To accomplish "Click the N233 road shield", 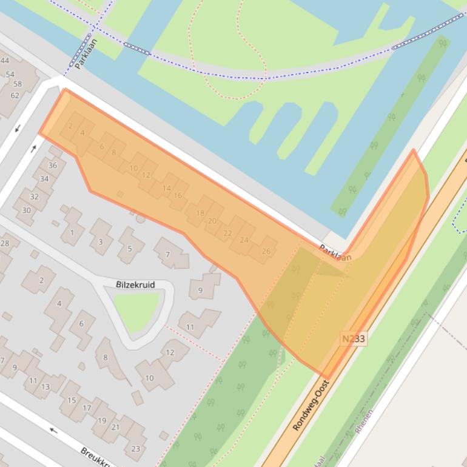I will [352, 339].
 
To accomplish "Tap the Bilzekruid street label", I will [136, 284].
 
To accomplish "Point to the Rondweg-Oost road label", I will [311, 406].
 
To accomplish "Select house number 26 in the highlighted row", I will [266, 251].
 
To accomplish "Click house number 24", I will [244, 240].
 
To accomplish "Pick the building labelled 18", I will [200, 213].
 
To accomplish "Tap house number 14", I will [166, 188].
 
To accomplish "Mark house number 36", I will [53, 166].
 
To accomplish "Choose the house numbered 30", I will [27, 210].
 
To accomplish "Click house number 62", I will [15, 95].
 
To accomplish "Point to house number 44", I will [5, 60].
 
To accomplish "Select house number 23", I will [135, 449].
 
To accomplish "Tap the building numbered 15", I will [72, 400].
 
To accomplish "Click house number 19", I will [101, 420].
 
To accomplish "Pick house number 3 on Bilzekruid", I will [101, 242].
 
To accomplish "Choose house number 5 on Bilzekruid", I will [129, 249].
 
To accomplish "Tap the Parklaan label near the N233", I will [335, 253].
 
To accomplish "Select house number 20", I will [212, 221].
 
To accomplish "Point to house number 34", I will [44, 179].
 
